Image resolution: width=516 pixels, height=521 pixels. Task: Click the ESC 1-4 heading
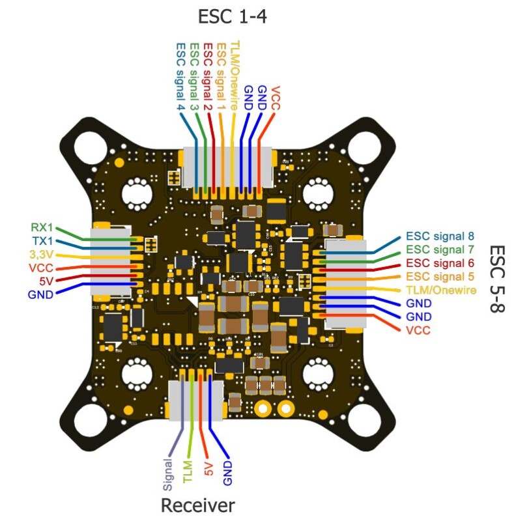pos(232,16)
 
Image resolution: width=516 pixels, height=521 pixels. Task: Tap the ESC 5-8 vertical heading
pos(497,279)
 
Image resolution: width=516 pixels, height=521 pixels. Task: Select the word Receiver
pos(197,505)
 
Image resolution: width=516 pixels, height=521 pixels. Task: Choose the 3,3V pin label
pos(41,254)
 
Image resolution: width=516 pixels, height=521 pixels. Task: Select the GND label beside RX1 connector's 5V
pos(41,294)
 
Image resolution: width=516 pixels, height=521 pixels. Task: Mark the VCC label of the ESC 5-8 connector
pos(418,331)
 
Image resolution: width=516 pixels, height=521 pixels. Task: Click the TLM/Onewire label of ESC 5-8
pos(440,290)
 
